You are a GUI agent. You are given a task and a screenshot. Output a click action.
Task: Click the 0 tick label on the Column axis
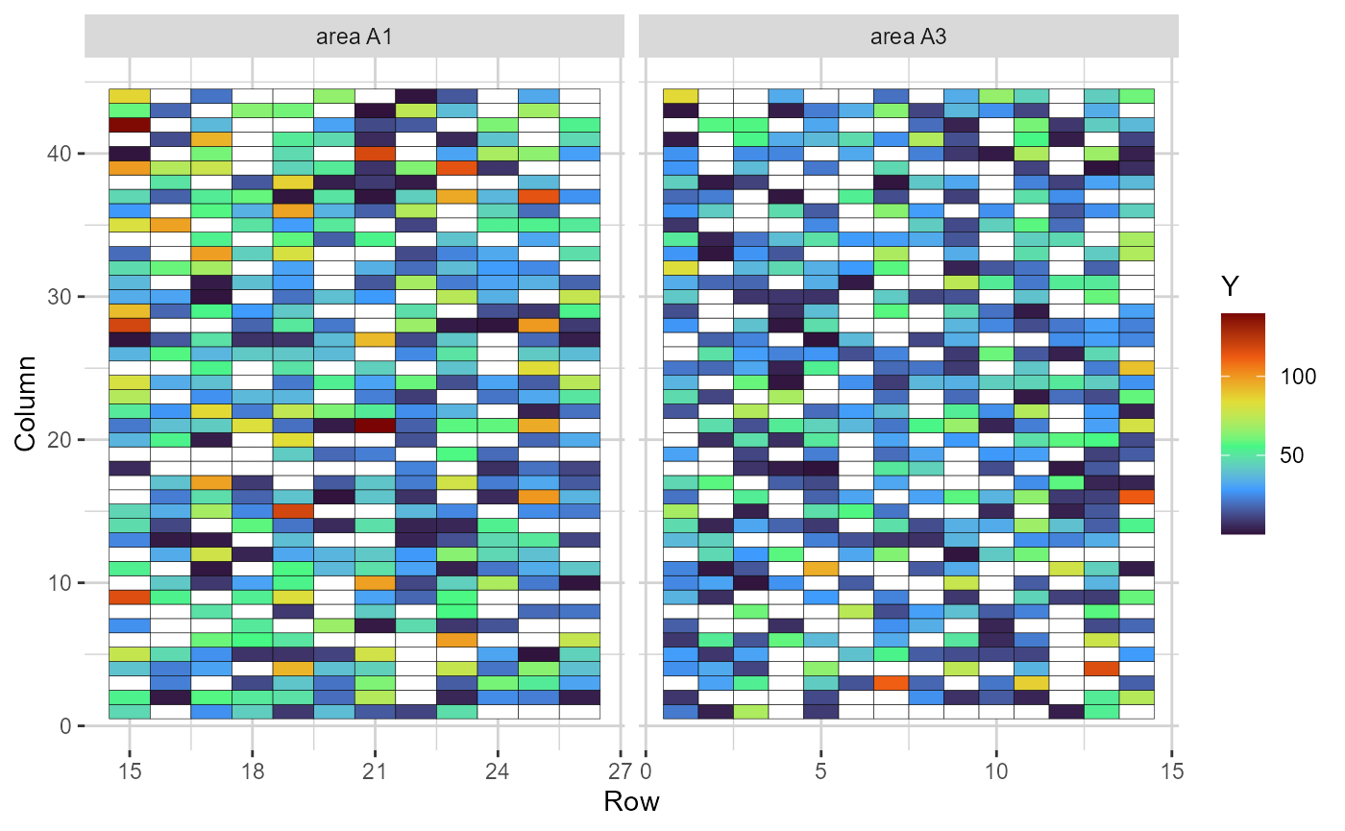coord(66,726)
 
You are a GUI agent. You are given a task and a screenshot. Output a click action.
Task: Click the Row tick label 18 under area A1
coord(252,771)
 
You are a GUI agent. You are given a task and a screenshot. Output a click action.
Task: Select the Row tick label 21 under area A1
coord(375,771)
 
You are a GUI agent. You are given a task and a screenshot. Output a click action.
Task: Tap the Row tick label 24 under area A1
coord(497,771)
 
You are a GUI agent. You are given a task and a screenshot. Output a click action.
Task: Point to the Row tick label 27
coord(618,771)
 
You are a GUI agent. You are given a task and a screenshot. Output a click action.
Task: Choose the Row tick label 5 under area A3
coord(820,771)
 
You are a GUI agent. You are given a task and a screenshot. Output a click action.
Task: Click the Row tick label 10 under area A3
coord(995,771)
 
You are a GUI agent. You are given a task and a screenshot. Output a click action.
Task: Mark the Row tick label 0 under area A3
coord(648,771)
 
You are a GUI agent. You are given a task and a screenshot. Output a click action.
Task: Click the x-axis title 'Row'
coord(631,802)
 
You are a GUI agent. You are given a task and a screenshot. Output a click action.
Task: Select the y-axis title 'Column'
coord(27,403)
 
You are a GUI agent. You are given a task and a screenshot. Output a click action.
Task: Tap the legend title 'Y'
coord(1230,285)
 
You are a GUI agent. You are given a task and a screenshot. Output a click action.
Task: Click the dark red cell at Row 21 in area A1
coord(375,426)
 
